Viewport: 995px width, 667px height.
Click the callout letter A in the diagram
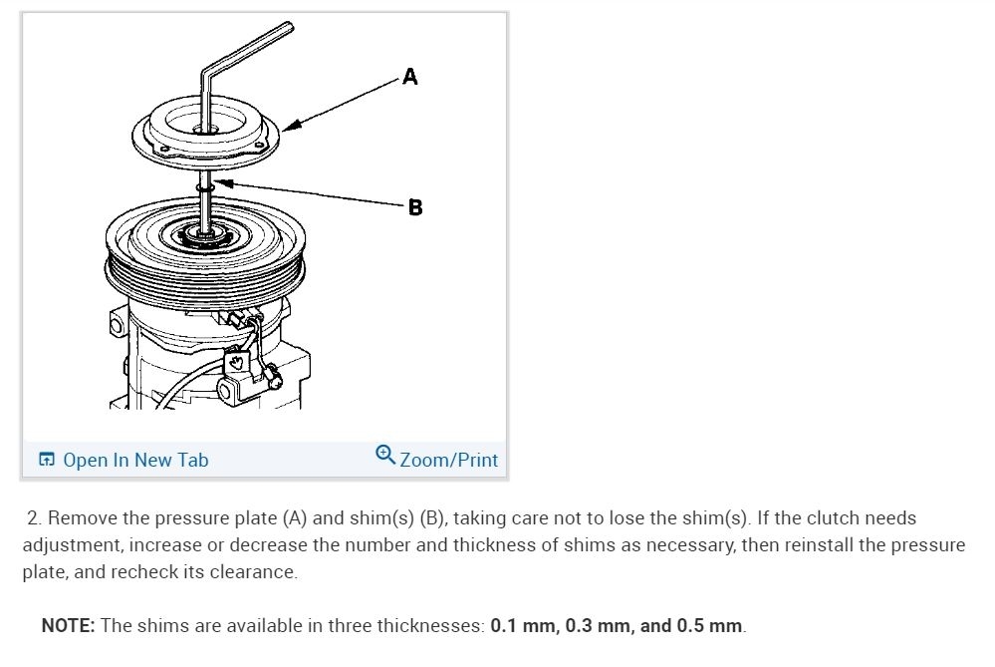pyautogui.click(x=410, y=77)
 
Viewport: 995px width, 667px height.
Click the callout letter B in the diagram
pyautogui.click(x=415, y=207)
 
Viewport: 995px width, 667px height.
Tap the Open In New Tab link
pyautogui.click(x=135, y=460)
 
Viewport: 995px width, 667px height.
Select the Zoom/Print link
pyautogui.click(x=448, y=460)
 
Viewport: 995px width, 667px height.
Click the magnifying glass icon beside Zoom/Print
pyautogui.click(x=385, y=455)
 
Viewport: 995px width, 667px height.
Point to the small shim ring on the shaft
pyautogui.click(x=205, y=187)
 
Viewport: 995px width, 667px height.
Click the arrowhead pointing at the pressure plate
pyautogui.click(x=291, y=126)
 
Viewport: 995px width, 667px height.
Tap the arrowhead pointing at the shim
pyautogui.click(x=223, y=183)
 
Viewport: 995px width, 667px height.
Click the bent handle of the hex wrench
pyautogui.click(x=247, y=47)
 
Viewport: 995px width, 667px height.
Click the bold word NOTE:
pyautogui.click(x=68, y=626)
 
